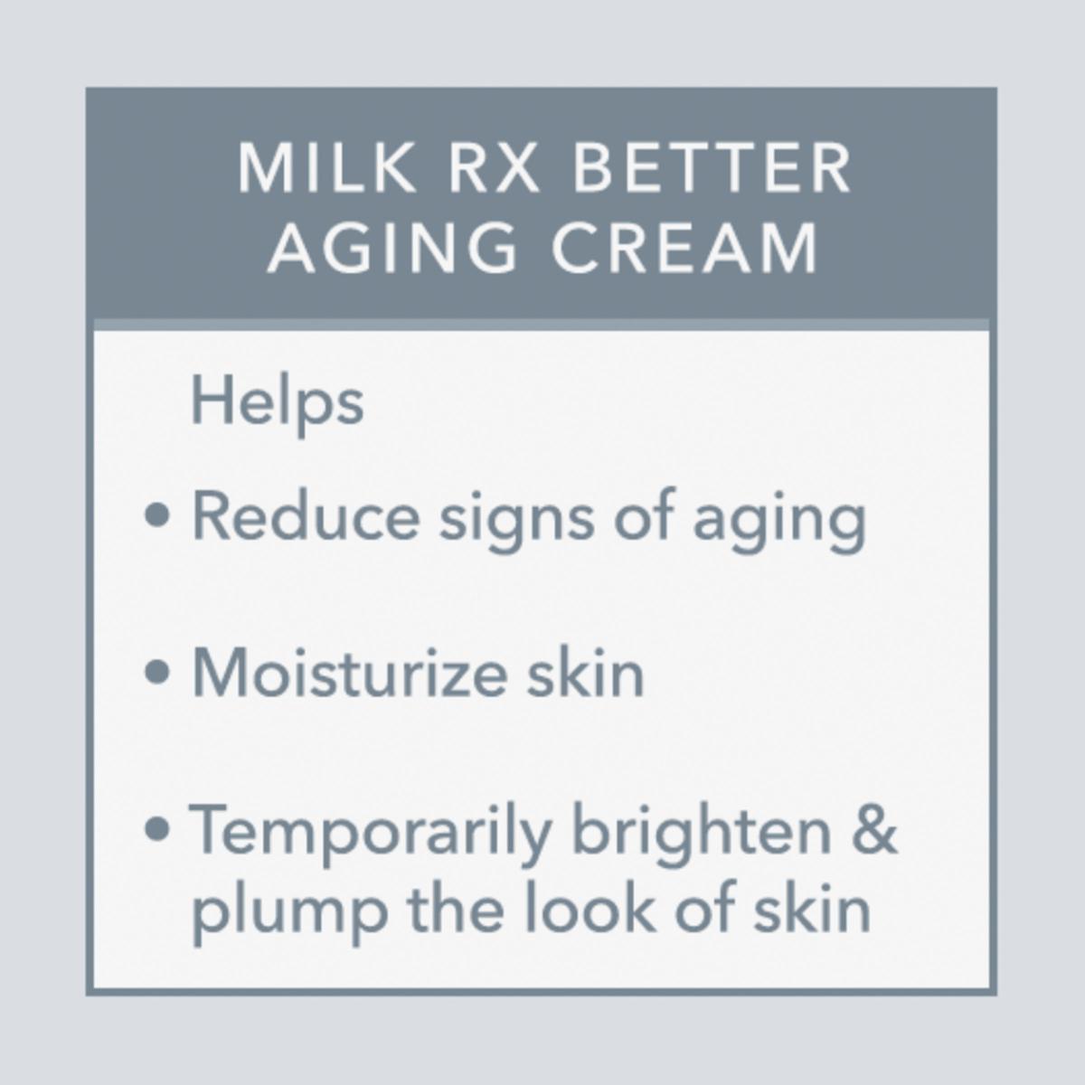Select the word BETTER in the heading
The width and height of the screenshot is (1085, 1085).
coord(712,169)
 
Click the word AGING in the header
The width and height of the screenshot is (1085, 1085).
coord(392,249)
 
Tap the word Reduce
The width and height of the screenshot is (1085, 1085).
coord(306,516)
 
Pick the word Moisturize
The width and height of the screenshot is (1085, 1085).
coord(349,674)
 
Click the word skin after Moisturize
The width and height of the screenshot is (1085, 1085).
coord(586,674)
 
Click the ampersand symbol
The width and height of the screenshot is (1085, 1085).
coord(874,831)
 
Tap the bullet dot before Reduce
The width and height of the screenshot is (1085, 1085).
coord(157,516)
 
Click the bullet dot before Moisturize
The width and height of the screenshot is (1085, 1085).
coord(157,672)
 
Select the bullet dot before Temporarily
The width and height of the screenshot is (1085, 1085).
coord(157,829)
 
